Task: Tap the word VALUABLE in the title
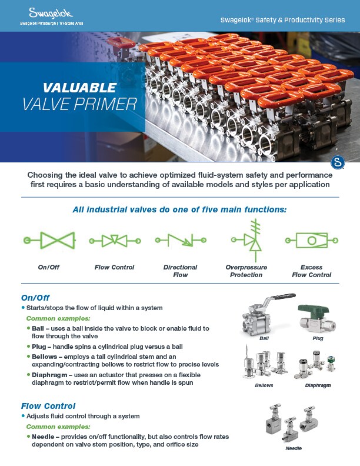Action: click(x=79, y=88)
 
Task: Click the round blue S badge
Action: click(x=338, y=162)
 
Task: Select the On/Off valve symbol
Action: click(x=49, y=241)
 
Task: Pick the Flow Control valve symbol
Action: click(x=115, y=241)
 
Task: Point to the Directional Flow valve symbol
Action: click(x=180, y=241)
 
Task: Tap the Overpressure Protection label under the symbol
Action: click(x=247, y=271)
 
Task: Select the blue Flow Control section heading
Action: click(x=48, y=405)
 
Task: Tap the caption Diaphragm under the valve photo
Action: click(x=318, y=385)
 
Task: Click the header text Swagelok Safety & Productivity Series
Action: click(x=282, y=20)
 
